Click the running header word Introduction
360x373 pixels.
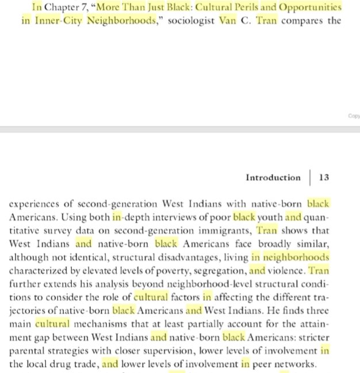[273, 178]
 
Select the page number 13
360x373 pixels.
[324, 178]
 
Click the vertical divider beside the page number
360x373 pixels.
[309, 178]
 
